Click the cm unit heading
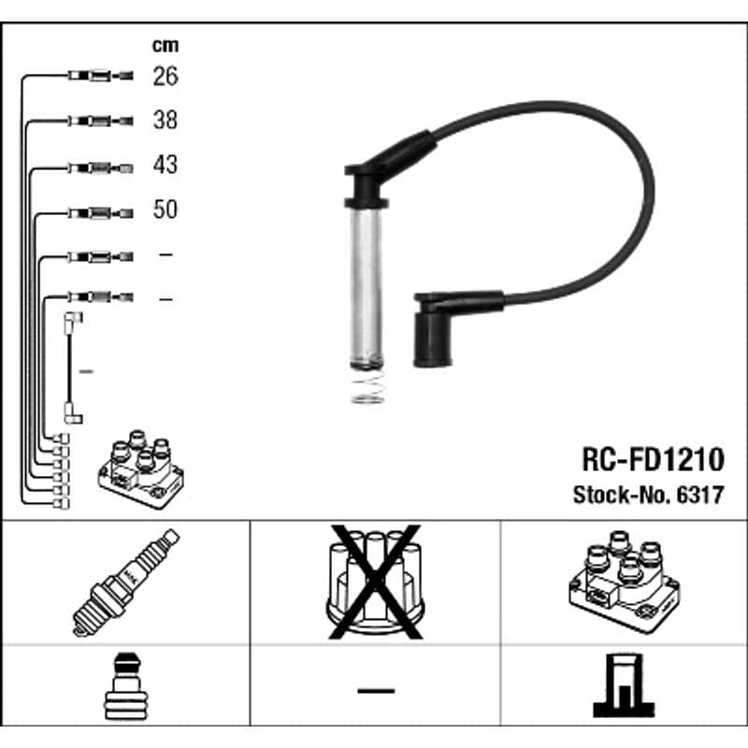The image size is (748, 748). (165, 45)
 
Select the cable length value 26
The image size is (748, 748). (165, 77)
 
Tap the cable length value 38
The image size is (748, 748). (165, 121)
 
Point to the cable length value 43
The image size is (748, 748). (165, 165)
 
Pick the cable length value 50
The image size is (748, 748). (165, 209)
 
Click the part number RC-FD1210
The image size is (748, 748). (653, 459)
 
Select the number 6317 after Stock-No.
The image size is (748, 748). (700, 495)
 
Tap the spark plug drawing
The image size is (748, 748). (126, 583)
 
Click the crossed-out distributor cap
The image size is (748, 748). (376, 582)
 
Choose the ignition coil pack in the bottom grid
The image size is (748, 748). (625, 582)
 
